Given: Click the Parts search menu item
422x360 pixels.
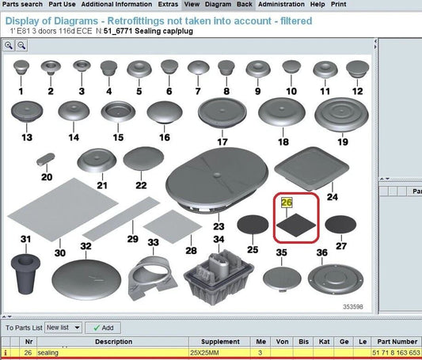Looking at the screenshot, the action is click(x=22, y=4).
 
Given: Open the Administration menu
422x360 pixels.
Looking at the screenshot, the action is click(x=281, y=4).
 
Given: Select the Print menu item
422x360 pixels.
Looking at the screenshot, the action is click(x=339, y=4).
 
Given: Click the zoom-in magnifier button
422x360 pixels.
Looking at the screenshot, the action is click(x=9, y=45).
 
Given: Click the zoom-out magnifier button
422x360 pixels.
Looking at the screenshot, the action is click(x=21, y=45).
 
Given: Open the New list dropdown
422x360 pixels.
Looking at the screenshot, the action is click(x=63, y=328).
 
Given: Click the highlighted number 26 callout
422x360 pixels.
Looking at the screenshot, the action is click(x=287, y=203).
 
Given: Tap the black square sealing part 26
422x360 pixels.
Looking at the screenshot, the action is click(x=296, y=225).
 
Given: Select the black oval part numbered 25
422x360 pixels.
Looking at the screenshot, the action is click(x=253, y=224).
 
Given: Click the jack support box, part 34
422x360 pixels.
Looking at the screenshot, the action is click(x=219, y=277).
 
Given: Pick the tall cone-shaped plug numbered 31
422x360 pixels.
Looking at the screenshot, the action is click(x=25, y=274).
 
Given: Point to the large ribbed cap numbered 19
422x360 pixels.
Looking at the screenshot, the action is click(x=341, y=115).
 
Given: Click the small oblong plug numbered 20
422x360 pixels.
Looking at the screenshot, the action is click(x=46, y=159).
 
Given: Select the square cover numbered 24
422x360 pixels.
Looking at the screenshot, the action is click(x=312, y=169).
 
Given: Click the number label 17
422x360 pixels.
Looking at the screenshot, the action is click(x=222, y=142).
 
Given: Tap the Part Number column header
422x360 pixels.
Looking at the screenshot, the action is click(x=397, y=342).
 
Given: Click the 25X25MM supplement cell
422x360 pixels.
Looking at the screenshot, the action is click(x=204, y=352).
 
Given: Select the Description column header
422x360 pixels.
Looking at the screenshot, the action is click(x=113, y=342).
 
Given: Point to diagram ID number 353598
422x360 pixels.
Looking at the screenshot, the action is click(x=353, y=307).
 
